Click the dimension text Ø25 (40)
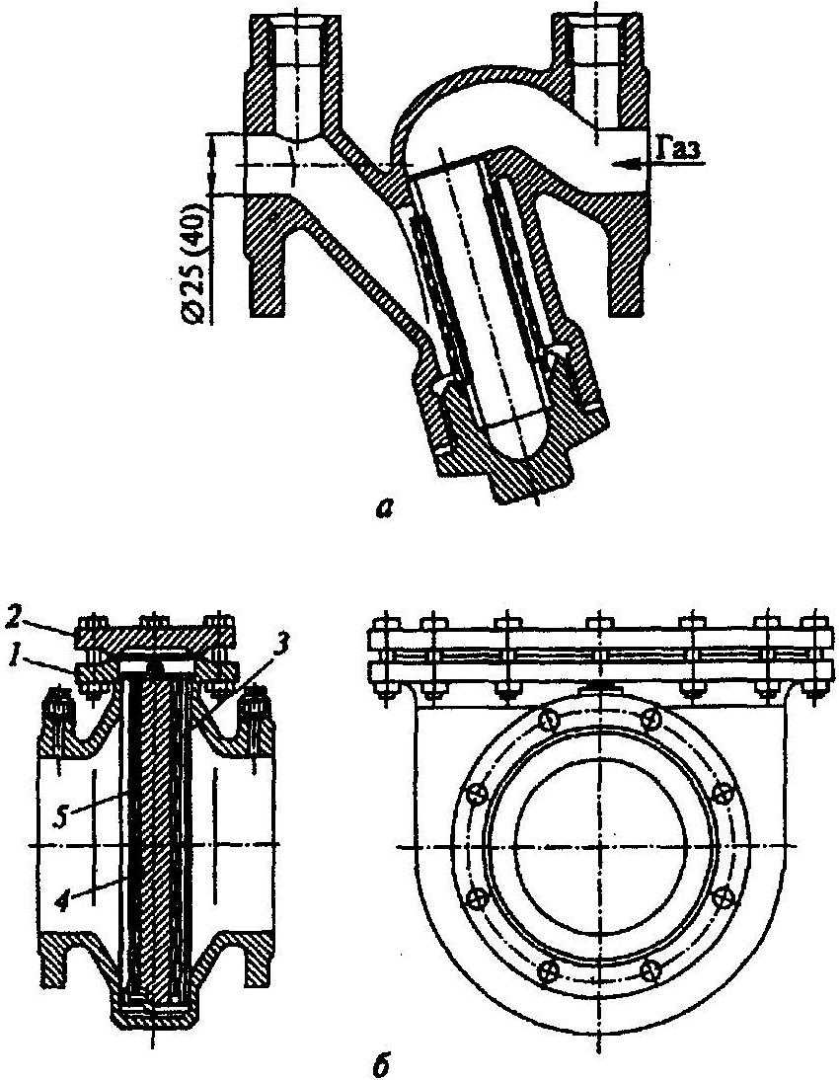(x=194, y=261)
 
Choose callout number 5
(x=63, y=817)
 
